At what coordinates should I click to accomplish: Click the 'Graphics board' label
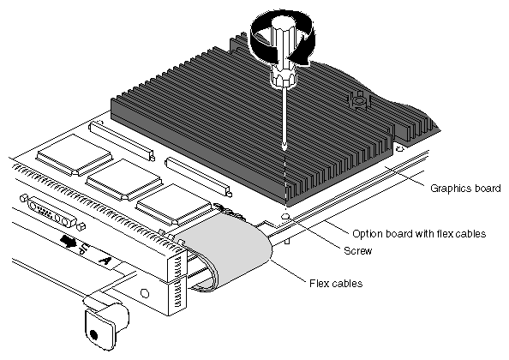[x=465, y=189]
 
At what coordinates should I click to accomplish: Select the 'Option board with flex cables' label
[x=419, y=234]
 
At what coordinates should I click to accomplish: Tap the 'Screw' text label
[x=357, y=250]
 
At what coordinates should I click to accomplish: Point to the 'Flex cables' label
[x=336, y=284]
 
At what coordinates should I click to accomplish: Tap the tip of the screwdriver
[x=284, y=148]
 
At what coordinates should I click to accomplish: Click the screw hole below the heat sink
[x=285, y=216]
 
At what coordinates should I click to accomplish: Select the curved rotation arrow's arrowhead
[x=304, y=58]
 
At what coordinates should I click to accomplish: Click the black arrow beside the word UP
[x=68, y=241]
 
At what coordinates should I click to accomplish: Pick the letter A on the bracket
[x=105, y=261]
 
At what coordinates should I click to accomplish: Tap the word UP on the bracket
[x=85, y=249]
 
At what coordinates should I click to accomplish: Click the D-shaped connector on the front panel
[x=52, y=213]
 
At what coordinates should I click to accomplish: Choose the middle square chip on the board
[x=124, y=179]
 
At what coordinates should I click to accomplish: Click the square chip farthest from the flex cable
[x=75, y=155]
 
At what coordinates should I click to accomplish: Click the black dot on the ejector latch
[x=93, y=334]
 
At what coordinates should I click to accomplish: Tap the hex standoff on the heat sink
[x=358, y=100]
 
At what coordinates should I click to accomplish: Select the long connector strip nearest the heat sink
[x=198, y=176]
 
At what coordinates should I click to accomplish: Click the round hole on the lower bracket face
[x=145, y=293]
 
